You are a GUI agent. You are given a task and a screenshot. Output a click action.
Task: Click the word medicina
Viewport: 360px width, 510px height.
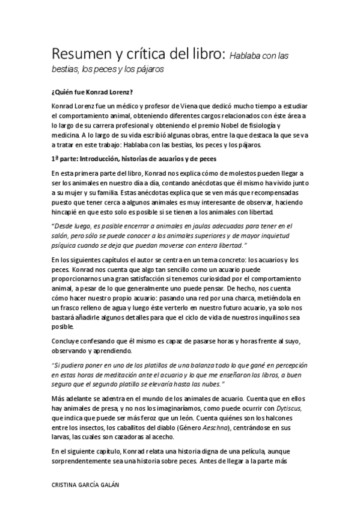67,135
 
